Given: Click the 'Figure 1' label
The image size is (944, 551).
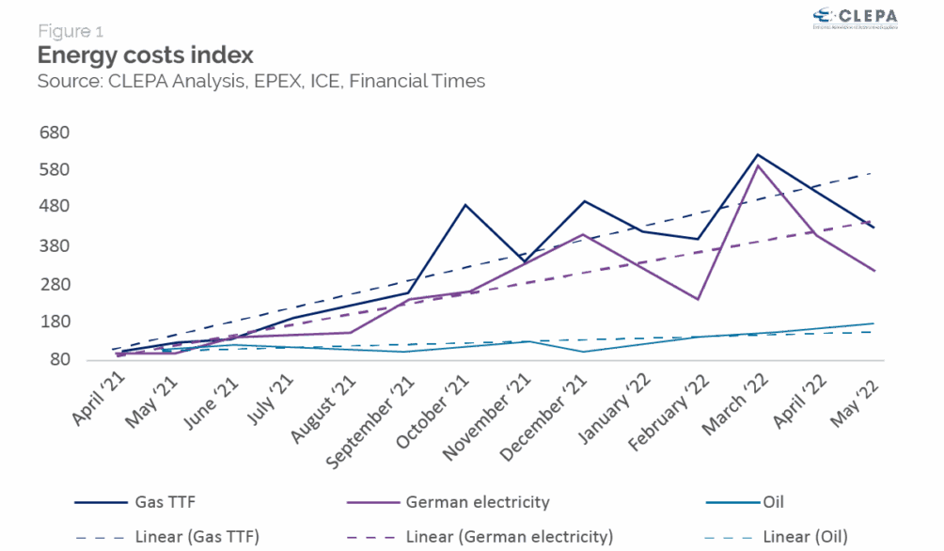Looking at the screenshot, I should pos(71,31).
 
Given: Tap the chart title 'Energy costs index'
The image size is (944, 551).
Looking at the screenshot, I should pos(146,55).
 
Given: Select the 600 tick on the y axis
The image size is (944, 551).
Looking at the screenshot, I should pos(53,132).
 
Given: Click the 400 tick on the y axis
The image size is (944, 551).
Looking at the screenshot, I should pos(53,207).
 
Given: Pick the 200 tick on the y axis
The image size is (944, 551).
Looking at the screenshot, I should pos(53,283).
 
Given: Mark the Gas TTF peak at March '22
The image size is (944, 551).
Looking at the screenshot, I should pos(758,154).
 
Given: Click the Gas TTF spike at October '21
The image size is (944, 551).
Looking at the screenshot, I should pos(465,204).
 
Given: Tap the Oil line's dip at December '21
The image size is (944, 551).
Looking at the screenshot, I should pos(583,352).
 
